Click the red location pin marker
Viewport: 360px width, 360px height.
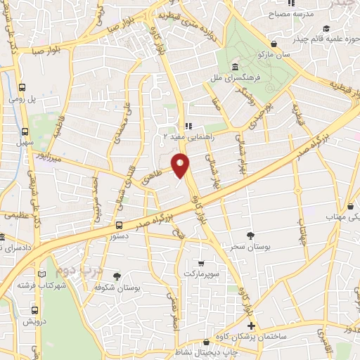click(x=181, y=167)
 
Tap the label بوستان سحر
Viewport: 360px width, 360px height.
click(x=245, y=247)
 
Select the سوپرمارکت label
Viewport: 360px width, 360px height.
click(x=202, y=272)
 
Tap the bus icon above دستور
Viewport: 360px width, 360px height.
click(x=118, y=226)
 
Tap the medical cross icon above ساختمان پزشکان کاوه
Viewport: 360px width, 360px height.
click(x=252, y=327)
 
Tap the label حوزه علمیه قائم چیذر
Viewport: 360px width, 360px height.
click(x=311, y=30)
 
